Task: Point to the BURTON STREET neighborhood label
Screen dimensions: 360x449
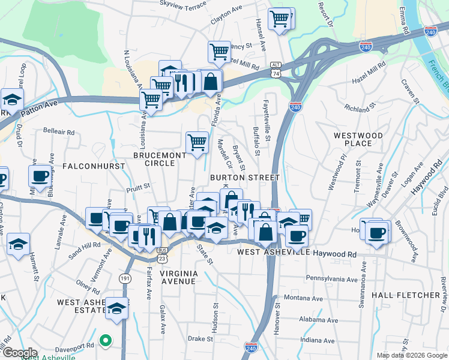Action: pos(245,178)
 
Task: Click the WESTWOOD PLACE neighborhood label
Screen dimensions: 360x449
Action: pos(358,139)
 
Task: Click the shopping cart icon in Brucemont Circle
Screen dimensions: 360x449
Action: pos(197,143)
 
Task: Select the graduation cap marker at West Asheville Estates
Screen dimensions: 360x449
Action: pos(118,308)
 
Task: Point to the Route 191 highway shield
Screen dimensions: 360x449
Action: pos(125,278)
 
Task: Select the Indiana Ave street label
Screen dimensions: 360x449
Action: pos(317,340)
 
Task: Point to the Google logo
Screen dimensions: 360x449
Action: pos(20,353)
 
